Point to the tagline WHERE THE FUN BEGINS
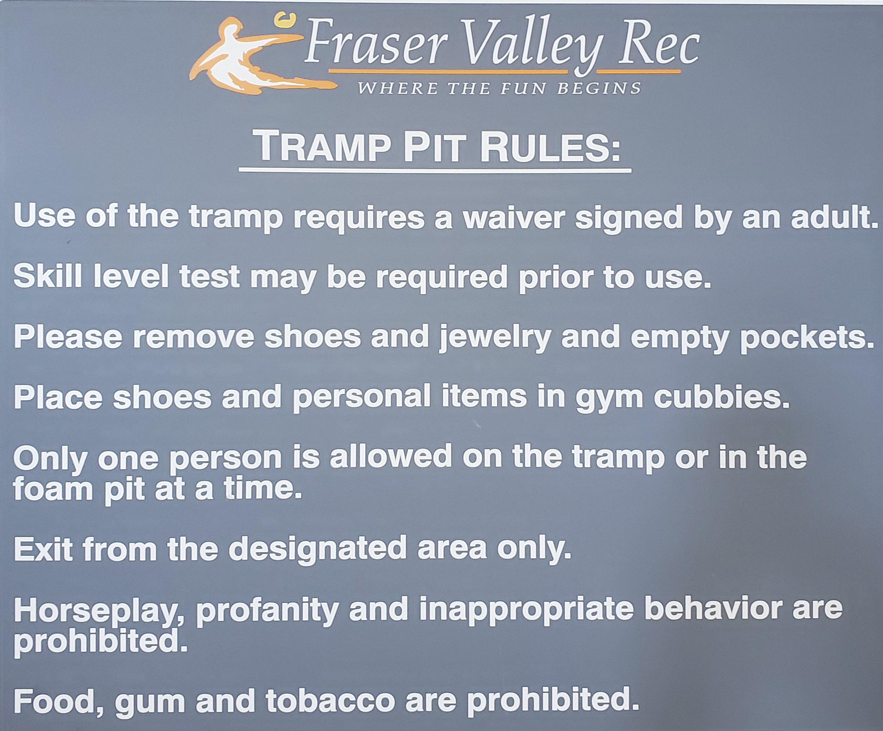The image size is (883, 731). [499, 88]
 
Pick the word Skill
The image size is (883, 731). [47, 277]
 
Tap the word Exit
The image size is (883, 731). [43, 549]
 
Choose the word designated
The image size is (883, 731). [318, 550]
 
